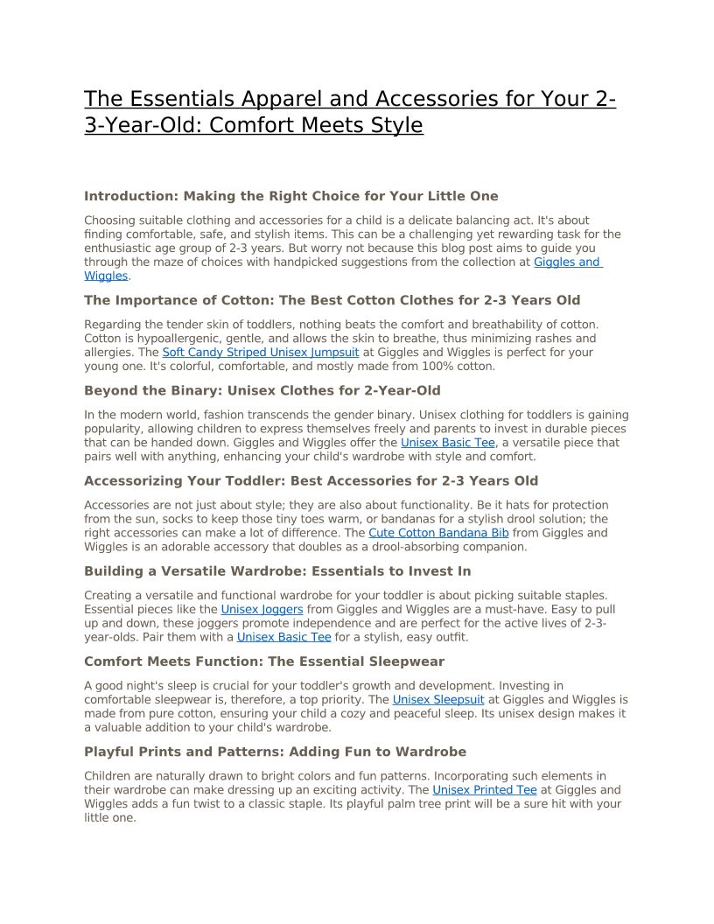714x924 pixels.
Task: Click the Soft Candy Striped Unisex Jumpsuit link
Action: (260, 353)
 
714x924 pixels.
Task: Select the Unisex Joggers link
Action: (262, 609)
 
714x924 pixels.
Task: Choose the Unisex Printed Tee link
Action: (484, 790)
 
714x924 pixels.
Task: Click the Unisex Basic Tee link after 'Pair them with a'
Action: (283, 637)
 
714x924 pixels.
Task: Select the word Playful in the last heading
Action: (108, 752)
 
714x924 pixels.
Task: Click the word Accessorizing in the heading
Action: (133, 480)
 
